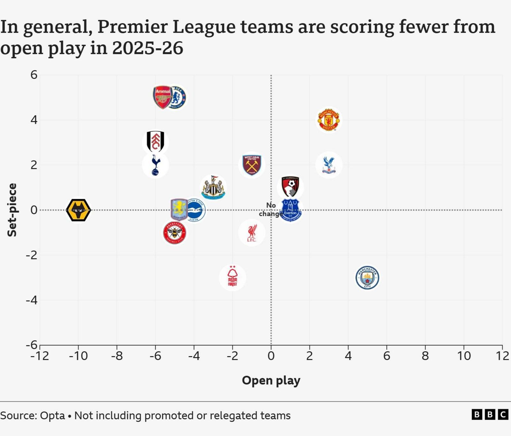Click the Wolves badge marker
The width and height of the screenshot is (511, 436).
click(x=78, y=210)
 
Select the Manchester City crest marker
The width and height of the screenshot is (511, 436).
click(x=367, y=277)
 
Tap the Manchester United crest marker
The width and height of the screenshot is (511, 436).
click(x=329, y=120)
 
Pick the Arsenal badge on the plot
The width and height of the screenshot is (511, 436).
click(x=162, y=97)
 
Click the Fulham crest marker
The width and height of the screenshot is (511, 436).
click(x=156, y=142)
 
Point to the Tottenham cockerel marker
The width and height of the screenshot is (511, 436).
click(x=156, y=165)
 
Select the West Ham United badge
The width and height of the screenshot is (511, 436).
click(x=252, y=165)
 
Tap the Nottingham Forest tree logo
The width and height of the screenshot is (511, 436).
click(x=233, y=277)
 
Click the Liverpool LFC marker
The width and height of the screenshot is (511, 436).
click(x=252, y=233)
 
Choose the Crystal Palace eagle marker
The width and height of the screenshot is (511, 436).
click(x=329, y=165)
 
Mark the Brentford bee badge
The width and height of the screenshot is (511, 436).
click(x=175, y=233)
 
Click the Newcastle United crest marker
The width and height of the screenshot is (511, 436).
click(x=213, y=188)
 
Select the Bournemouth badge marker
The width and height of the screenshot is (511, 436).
click(x=290, y=187)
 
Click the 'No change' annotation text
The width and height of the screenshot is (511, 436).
click(x=270, y=209)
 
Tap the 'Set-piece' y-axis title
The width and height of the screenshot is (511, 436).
click(x=12, y=210)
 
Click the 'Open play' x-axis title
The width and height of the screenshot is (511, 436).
click(x=271, y=380)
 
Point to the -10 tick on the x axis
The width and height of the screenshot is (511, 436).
click(x=78, y=356)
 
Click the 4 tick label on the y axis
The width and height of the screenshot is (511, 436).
click(x=34, y=120)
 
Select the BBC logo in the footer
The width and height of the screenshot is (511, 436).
click(x=490, y=415)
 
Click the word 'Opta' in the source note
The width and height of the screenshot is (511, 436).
click(x=52, y=416)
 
